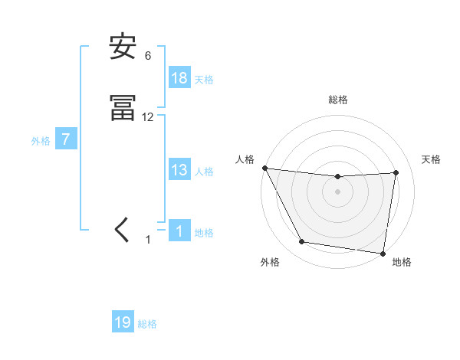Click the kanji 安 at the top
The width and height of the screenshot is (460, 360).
pos(123,47)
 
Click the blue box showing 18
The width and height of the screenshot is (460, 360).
pos(179,78)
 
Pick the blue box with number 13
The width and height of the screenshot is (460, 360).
pos(179,171)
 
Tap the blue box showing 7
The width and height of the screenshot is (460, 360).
pos(66,140)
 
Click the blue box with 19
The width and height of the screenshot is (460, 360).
pos(123,322)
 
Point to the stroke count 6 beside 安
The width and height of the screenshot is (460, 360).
pos(148,56)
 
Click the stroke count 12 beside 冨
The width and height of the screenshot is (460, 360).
pos(148,117)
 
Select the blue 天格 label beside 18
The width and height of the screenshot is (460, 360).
pos(204,79)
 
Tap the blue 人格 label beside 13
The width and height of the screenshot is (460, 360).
pos(204,172)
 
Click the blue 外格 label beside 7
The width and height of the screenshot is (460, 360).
pos(40,141)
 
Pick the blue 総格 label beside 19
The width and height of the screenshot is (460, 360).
pos(147,324)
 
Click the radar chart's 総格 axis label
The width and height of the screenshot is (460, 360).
pos(338,100)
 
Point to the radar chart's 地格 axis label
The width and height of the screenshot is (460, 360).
pos(402,262)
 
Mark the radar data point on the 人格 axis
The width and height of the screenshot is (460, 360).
pos(264,168)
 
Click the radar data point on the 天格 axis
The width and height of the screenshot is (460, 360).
pos(396,172)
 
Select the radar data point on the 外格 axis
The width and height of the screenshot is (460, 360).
pos(301,242)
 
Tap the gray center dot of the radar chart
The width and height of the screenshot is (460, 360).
pos(338,191)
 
